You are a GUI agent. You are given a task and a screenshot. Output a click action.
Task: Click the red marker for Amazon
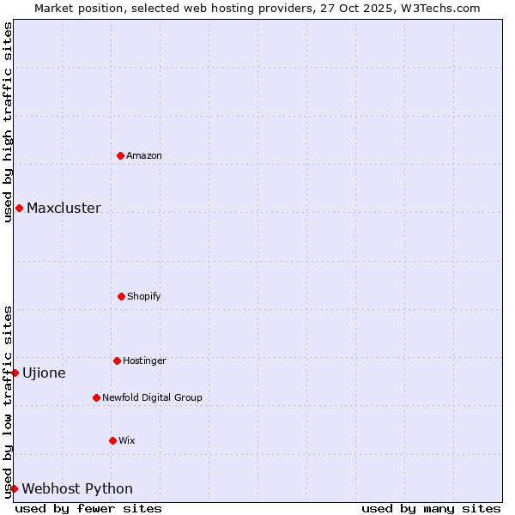[x=120, y=155]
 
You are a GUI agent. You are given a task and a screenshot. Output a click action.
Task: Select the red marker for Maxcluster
[x=19, y=208]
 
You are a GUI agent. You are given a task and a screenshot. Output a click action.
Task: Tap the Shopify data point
[x=121, y=296]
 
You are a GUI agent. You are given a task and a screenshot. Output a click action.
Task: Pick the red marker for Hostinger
[x=117, y=360]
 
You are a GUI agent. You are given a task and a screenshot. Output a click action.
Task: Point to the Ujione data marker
[x=15, y=373]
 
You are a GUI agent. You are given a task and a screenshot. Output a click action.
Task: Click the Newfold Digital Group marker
[x=96, y=397]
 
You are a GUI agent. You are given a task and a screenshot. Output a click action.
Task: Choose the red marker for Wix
[x=112, y=440]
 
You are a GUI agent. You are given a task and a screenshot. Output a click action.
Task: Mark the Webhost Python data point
[x=14, y=488]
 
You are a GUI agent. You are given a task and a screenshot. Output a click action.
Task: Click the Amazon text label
[x=144, y=155]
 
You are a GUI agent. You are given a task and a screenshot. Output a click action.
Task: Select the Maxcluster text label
[x=64, y=208]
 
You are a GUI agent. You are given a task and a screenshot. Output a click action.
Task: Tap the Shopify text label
[x=144, y=296]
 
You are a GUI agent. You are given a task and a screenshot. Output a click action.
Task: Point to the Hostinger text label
[x=144, y=360]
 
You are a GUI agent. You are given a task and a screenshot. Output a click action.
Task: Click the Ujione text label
[x=44, y=373]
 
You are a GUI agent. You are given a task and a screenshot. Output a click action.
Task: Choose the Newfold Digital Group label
[x=152, y=397]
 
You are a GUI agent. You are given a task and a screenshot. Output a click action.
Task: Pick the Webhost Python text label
[x=77, y=488]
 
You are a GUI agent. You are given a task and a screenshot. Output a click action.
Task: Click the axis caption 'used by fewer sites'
[x=88, y=508]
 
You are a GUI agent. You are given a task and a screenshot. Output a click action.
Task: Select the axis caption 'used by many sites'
[x=431, y=508]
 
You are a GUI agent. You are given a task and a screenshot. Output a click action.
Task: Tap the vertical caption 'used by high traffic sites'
[x=8, y=122]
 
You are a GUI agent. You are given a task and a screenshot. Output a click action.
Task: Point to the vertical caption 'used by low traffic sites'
[x=8, y=402]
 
